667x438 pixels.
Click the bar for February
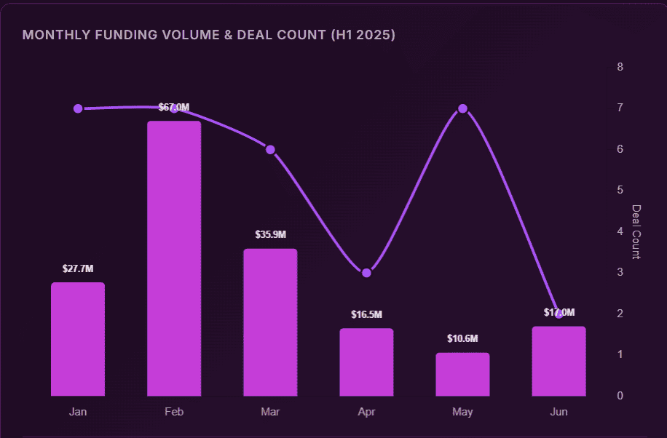[x=174, y=258]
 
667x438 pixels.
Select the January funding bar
[x=78, y=339]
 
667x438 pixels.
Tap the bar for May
[x=462, y=374]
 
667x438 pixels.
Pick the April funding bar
[x=366, y=362]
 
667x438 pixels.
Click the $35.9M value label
[x=270, y=235]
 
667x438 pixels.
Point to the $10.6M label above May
[x=462, y=339]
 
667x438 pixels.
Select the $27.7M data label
[x=78, y=269]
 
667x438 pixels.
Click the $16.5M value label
[x=366, y=315]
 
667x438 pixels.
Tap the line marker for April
[x=366, y=273]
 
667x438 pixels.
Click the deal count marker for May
[x=462, y=108]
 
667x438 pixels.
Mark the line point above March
[x=270, y=149]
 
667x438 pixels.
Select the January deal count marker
[x=78, y=108]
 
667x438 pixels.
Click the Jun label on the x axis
[x=559, y=412]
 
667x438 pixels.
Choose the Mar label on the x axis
[x=270, y=412]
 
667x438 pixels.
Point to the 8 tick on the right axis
[x=620, y=67]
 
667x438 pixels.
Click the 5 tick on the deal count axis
[x=620, y=190]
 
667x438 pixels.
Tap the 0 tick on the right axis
[x=620, y=396]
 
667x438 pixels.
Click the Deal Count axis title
[x=636, y=231]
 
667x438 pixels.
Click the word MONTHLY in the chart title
[x=55, y=35]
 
